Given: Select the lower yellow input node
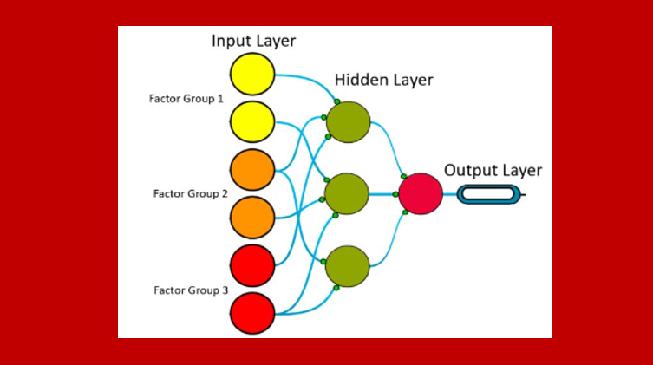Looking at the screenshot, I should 252,121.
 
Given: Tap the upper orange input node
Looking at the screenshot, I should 252,170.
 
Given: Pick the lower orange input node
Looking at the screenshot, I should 252,217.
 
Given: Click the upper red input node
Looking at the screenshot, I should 252,264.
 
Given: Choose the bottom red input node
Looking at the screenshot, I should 252,313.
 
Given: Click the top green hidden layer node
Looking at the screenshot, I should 348,122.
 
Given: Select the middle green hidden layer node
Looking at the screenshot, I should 347,194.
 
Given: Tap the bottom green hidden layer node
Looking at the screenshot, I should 348,266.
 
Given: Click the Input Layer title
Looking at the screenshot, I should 253,42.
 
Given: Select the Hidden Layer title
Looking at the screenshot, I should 383,81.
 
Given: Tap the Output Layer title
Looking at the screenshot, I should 493,170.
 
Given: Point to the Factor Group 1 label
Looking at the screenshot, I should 186,98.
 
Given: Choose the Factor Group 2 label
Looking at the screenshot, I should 190,193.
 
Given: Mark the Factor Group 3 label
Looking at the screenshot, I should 190,290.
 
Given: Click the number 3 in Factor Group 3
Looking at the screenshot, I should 224,290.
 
